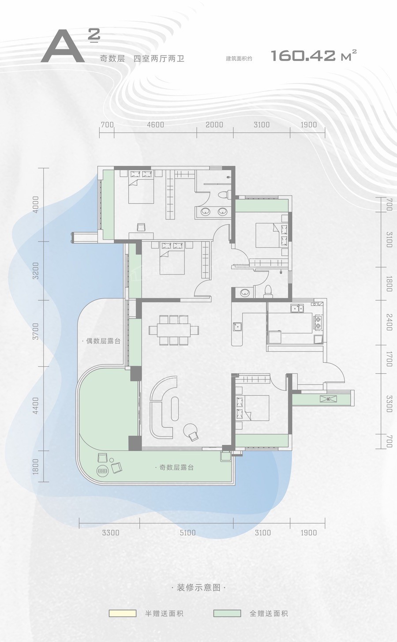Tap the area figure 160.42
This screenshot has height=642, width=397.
pos(303,55)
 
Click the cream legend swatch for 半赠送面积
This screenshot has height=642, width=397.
pos(122,611)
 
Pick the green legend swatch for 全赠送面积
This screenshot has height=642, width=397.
pos(227,611)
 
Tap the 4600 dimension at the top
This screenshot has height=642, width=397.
pos(156,125)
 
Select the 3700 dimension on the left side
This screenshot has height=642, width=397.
pos(36,331)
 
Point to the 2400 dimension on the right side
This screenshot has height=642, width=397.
pos(389,322)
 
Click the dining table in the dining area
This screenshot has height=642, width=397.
pos(174,330)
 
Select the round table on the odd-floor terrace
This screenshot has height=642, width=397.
pos(102,471)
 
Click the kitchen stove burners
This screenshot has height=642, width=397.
pos(318,322)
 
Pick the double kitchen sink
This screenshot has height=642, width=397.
pos(297,308)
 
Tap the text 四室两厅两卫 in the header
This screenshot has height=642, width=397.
pos(159,59)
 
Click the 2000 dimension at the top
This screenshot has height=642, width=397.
pos(214,125)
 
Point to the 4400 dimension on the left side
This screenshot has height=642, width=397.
pos(36,405)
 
